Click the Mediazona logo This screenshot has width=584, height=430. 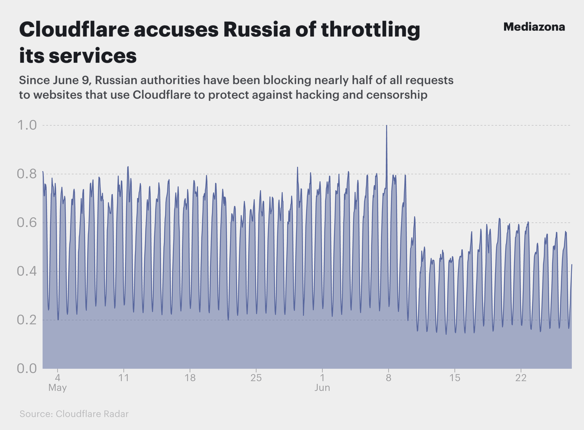[x=534, y=27]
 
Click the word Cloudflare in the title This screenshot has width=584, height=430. [x=74, y=30]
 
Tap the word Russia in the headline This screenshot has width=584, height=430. [x=257, y=30]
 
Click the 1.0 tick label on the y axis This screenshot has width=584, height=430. [x=27, y=125]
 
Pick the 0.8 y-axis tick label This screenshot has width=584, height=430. [x=27, y=174]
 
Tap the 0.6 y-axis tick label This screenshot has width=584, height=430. [x=27, y=223]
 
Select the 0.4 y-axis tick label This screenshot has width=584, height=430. [x=27, y=271]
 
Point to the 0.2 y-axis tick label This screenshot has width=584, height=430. [x=27, y=320]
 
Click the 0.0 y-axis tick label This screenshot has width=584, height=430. [x=27, y=369]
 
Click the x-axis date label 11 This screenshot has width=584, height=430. [x=124, y=378]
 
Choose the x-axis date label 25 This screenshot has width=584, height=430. [x=256, y=378]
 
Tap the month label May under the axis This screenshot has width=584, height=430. [x=58, y=388]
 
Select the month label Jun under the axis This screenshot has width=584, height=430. [x=322, y=388]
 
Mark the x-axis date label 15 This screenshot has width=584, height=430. [x=455, y=378]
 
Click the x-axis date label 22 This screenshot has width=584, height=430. [x=521, y=378]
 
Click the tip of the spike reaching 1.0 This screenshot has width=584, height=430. [x=386, y=126]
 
